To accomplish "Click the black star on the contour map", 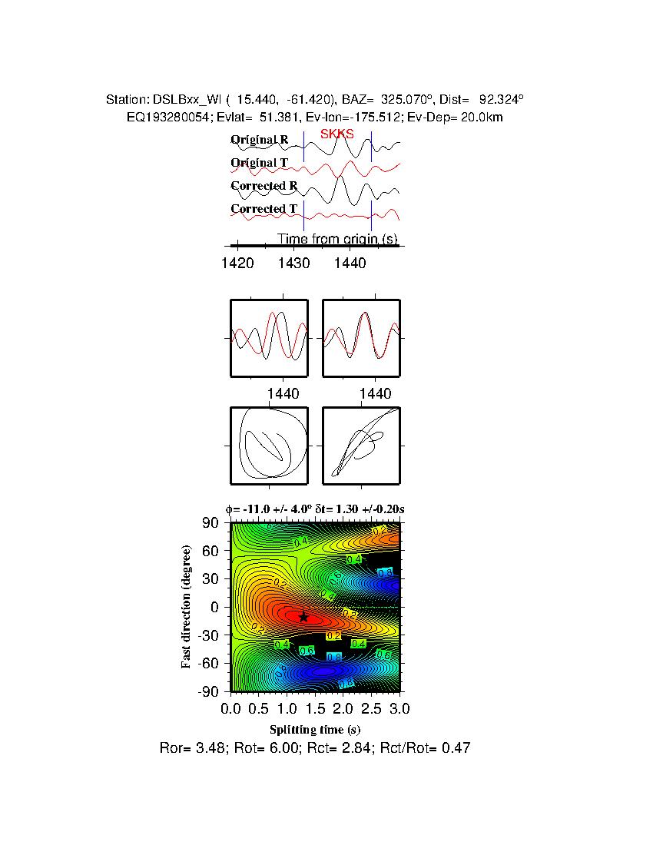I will (303, 616).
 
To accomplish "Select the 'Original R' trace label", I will (259, 141).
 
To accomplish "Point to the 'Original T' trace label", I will (259, 163).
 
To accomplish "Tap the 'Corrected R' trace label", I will (264, 186).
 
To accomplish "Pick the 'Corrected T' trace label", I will (264, 209).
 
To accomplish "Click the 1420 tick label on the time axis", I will (237, 263).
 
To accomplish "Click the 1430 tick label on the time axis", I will (293, 263).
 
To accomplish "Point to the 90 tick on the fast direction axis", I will (212, 523).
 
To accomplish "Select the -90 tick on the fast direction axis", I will (209, 691).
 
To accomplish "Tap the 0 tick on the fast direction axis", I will (216, 607).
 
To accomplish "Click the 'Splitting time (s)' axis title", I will (315, 729).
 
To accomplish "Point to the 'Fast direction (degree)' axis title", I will (186, 607).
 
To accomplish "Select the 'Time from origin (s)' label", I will (337, 239).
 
